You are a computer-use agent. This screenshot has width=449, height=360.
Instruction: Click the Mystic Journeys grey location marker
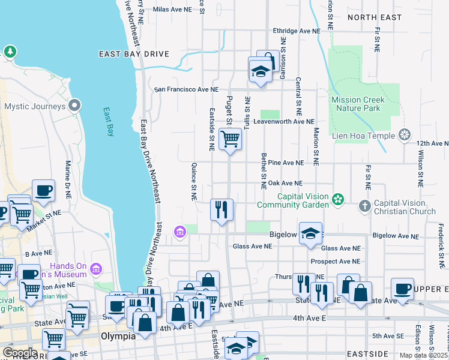(x=75, y=106)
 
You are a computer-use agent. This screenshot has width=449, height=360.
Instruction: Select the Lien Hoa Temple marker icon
(x=406, y=135)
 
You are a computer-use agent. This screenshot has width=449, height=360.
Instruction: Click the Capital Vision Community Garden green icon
(x=339, y=199)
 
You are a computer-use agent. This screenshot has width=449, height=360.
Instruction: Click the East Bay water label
(x=109, y=122)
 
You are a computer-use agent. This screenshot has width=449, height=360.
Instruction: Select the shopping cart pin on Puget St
(x=230, y=139)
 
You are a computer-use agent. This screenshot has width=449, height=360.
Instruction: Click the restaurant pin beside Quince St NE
(x=221, y=209)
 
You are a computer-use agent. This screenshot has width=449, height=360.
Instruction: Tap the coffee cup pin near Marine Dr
(x=43, y=191)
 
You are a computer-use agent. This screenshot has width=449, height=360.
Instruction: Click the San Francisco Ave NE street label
(x=187, y=89)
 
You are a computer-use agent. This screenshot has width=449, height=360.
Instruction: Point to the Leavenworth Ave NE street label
(x=283, y=121)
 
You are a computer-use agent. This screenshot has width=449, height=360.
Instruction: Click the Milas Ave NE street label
(x=173, y=10)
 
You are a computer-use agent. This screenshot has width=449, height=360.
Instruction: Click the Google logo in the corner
(x=20, y=353)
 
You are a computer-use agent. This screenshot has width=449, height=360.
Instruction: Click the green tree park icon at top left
(x=10, y=52)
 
